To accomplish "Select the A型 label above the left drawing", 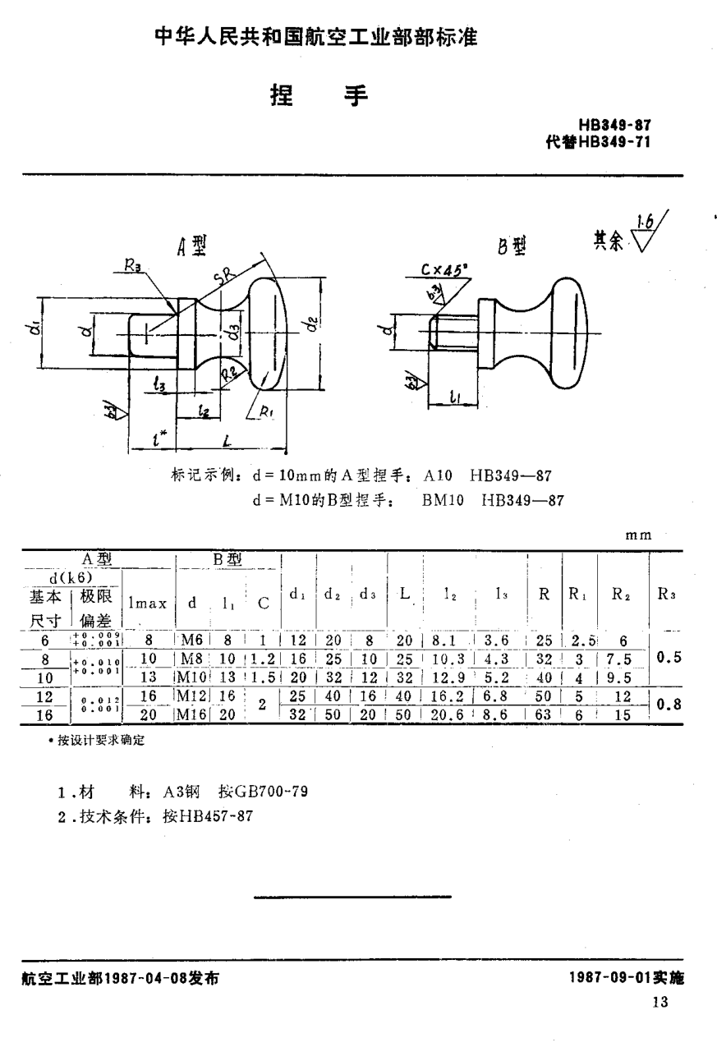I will click(191, 244).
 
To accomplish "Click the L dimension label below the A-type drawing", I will click(225, 442).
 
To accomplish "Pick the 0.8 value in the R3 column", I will click(671, 704).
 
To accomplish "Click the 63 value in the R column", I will click(543, 714).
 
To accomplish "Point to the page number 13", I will click(660, 1002).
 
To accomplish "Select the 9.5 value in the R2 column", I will click(620, 677).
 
